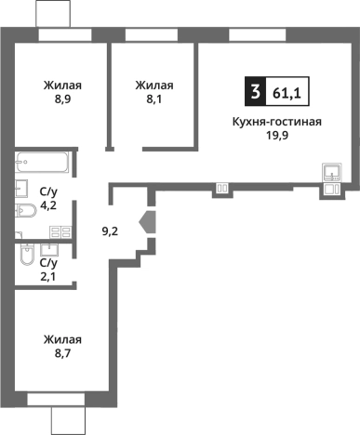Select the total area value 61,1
(286, 92)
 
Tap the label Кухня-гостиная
(277, 121)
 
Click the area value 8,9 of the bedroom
(60, 100)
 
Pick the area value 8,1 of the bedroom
(153, 100)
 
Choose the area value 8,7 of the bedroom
(60, 354)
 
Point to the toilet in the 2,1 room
(26, 253)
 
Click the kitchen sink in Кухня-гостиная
(332, 172)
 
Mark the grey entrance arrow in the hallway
(147, 224)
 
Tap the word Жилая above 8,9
(60, 86)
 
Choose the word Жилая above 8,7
(60, 339)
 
